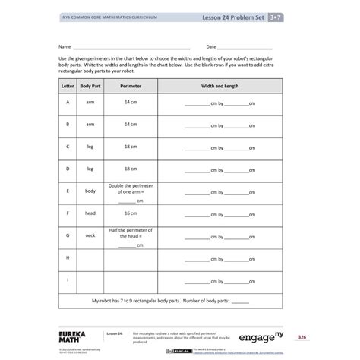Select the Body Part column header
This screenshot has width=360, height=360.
(90, 87)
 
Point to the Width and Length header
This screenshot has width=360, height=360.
(219, 87)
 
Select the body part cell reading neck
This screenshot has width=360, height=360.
(90, 235)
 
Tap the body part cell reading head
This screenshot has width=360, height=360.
(90, 213)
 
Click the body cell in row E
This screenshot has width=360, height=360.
(90, 191)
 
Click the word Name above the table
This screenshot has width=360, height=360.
(65, 46)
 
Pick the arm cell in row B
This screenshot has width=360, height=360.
(90, 124)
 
